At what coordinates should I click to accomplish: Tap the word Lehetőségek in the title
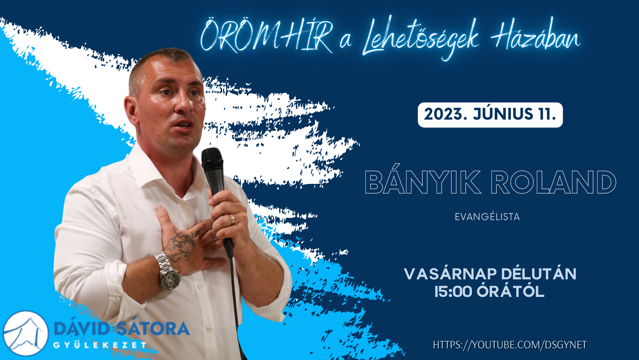click(421, 39)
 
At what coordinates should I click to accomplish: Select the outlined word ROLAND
click(553, 182)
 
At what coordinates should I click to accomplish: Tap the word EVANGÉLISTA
click(487, 217)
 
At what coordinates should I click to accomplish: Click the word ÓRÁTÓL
click(511, 291)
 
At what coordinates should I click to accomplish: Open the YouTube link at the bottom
click(510, 345)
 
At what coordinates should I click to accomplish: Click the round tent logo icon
click(26, 333)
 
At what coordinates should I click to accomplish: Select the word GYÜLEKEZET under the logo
click(100, 345)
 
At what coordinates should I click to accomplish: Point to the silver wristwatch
click(167, 271)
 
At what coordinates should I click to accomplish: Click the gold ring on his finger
click(233, 219)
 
